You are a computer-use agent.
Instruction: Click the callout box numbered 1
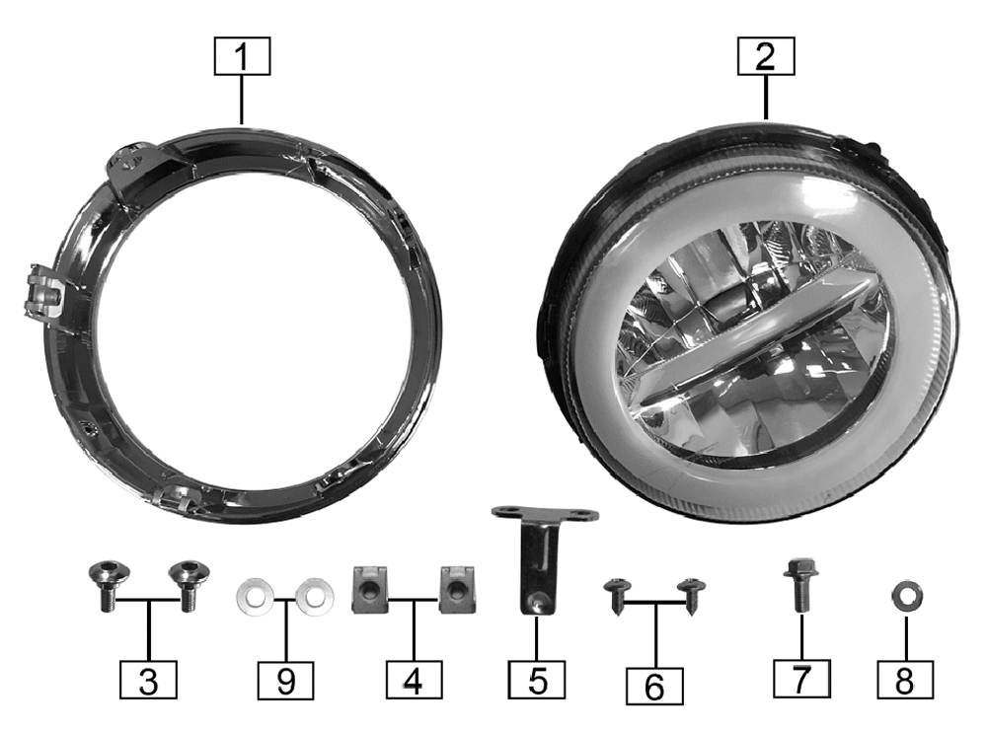click(x=243, y=56)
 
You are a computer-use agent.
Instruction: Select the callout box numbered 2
click(x=766, y=56)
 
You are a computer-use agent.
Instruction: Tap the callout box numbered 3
click(x=148, y=680)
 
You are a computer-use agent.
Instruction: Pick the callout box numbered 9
click(x=286, y=680)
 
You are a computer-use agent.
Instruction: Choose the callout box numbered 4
click(x=415, y=680)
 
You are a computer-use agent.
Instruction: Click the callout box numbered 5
click(x=537, y=680)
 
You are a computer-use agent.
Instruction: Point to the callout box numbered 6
click(x=654, y=686)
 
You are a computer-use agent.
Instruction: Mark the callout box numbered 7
click(x=801, y=679)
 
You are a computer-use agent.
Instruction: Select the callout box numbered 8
click(x=905, y=680)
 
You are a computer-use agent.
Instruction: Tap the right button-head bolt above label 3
click(x=188, y=586)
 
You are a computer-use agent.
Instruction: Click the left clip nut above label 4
click(x=369, y=589)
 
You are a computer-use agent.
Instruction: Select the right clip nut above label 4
click(x=457, y=589)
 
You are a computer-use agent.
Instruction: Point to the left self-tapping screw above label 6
click(x=617, y=597)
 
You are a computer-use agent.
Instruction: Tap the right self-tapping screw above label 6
click(x=691, y=595)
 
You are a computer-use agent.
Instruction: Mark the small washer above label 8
click(x=908, y=595)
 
